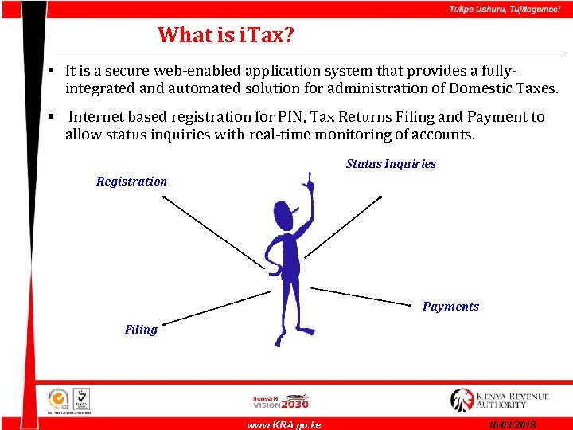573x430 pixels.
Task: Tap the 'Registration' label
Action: (x=131, y=182)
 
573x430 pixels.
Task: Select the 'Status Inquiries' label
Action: (x=391, y=164)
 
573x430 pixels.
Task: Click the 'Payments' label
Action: (x=450, y=307)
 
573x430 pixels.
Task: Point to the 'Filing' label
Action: (x=141, y=330)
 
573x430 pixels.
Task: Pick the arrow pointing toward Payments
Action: (x=366, y=295)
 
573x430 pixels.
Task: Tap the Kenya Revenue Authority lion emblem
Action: (x=462, y=399)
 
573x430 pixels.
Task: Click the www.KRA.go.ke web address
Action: (x=284, y=425)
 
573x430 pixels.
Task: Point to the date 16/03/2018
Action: (x=513, y=425)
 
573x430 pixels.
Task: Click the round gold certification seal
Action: (x=58, y=398)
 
